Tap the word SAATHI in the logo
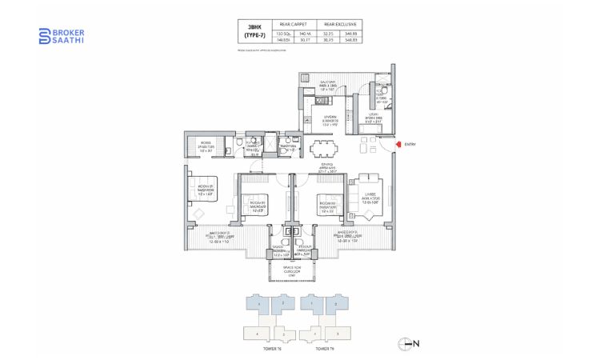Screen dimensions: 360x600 click(x=68, y=40)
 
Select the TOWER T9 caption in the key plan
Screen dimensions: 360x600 click(x=323, y=349)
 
